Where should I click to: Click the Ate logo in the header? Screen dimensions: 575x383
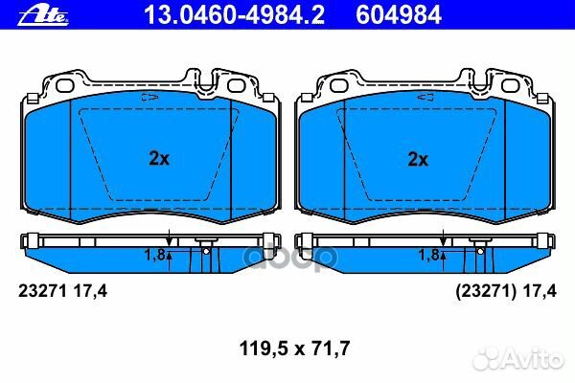click(43, 16)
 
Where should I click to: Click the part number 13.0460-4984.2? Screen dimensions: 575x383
click(234, 15)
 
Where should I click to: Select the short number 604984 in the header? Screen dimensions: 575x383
click(399, 15)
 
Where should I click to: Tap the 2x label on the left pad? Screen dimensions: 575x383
click(159, 158)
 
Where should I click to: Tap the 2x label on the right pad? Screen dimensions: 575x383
click(418, 159)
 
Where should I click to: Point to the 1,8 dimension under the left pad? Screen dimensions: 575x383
click(155, 255)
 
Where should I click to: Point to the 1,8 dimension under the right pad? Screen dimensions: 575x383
click(429, 255)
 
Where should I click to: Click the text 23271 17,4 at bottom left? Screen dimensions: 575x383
click(62, 291)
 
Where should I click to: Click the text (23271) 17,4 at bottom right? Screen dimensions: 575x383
click(506, 291)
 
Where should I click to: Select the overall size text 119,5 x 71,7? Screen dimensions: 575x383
click(294, 349)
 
